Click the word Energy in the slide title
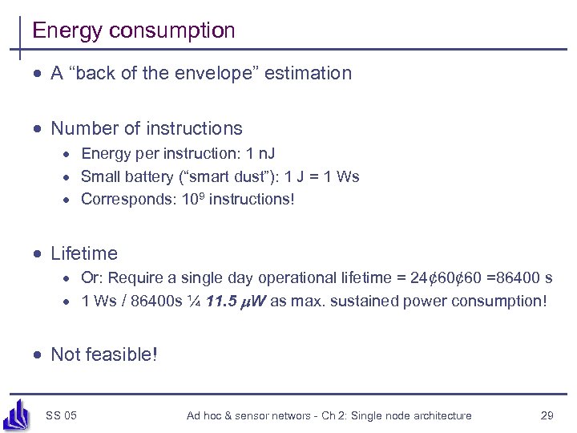67,31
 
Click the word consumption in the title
172,31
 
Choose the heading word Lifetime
84,254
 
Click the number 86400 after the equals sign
514,278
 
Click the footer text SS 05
61,415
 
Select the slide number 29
547,415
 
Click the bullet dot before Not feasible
37,355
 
